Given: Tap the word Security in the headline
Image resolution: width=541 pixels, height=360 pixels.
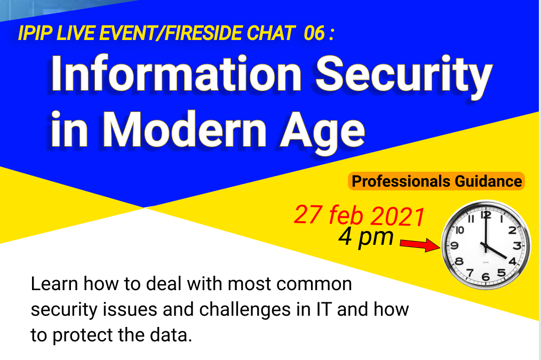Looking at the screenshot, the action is pos(404,77).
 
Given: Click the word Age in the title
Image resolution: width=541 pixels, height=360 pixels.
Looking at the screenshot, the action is pos(322,133).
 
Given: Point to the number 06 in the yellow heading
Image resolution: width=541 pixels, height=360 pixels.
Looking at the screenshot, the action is pos(314,33).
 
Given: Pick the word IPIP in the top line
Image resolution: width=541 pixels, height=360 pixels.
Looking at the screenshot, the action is pos(35,33).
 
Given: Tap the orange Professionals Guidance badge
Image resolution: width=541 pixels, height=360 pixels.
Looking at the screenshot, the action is pos(436,181).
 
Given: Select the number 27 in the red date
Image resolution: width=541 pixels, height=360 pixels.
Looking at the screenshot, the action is pos(308,214).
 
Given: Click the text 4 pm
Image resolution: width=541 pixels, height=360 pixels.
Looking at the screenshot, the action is pos(366,237).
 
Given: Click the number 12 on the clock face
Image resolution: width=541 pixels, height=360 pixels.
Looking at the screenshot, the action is pos(486,215).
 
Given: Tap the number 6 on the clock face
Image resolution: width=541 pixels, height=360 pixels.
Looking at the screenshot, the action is pos(486,277).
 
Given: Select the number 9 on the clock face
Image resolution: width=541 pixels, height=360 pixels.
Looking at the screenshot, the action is pos(454,245).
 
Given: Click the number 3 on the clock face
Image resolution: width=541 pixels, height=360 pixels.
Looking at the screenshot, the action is pos(517,245).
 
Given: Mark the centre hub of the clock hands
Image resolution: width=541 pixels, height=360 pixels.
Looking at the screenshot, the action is pos(486,246).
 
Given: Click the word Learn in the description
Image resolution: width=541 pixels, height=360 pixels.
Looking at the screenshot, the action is pos(54,284).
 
